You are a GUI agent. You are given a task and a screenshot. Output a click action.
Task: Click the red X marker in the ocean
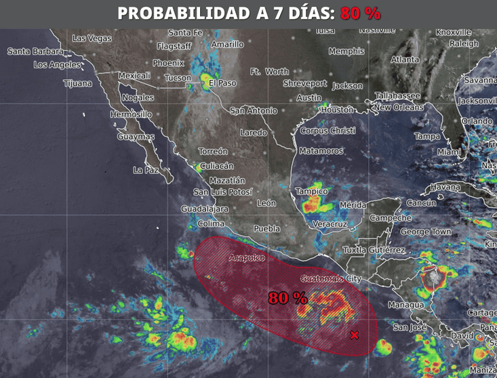[354, 335]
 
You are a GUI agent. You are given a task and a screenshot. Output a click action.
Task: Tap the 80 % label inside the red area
[287, 297]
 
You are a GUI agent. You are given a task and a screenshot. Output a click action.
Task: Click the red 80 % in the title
[360, 14]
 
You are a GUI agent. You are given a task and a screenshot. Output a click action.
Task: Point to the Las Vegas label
[92, 38]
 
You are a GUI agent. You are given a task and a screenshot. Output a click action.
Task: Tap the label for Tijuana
[77, 83]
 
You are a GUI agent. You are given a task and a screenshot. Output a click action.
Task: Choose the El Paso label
[222, 83]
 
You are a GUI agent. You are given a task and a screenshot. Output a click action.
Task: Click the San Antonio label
[253, 110]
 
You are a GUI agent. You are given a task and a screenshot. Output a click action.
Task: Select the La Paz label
[146, 170]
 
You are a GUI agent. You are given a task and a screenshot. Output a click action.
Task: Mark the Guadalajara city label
[204, 209]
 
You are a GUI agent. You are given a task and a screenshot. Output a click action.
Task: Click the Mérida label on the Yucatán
[353, 205]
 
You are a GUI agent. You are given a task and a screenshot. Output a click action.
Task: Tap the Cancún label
[421, 203]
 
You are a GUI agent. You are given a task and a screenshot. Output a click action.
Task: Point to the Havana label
[445, 187]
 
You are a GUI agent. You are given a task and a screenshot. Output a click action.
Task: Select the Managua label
[406, 305]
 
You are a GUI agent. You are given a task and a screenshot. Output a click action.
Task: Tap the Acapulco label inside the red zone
[245, 257]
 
